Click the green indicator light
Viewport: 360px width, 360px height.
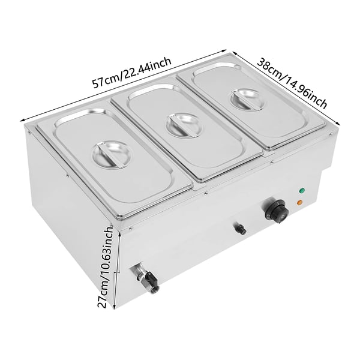(301, 191)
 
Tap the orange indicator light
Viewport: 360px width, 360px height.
(299, 203)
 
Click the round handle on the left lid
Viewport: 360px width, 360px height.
(112, 155)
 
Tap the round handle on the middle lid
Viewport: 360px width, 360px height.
(184, 126)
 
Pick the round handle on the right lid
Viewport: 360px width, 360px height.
(247, 100)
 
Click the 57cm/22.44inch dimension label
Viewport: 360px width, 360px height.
(131, 73)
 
